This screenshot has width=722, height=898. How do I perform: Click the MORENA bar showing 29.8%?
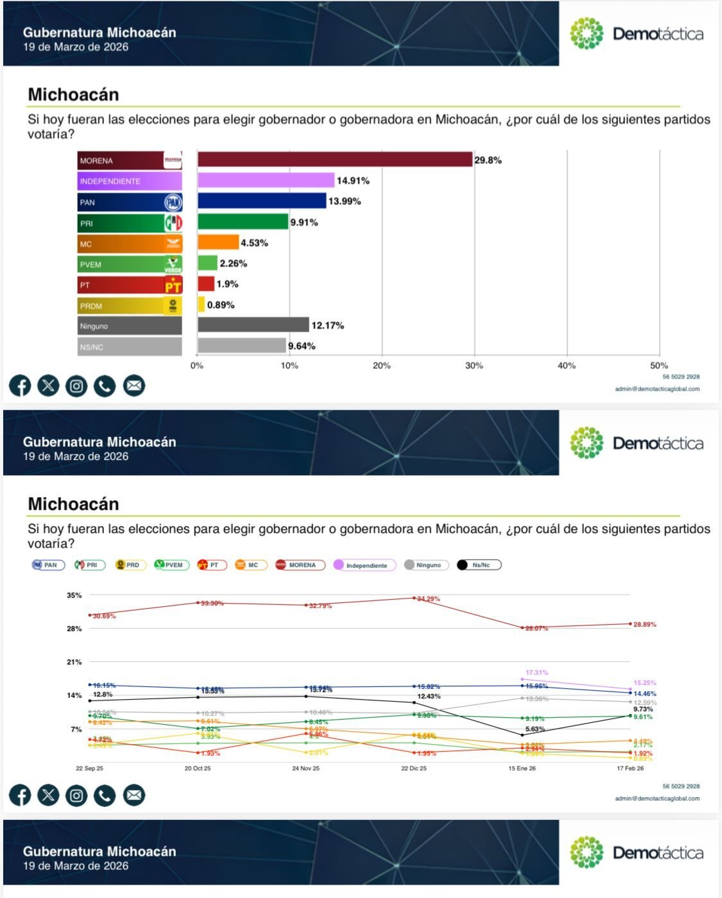point(334,160)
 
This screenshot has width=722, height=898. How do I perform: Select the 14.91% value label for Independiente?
point(353,181)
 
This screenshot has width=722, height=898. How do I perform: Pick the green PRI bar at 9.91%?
point(243,222)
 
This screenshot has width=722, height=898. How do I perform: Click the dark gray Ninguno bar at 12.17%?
point(253,325)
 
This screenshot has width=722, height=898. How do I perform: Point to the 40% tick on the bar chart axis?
point(567,366)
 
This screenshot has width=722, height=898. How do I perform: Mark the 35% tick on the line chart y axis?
point(74,595)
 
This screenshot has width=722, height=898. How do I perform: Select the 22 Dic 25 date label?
point(414,768)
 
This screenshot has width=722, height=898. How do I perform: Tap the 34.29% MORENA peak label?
point(429,599)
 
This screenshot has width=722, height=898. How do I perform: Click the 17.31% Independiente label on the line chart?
point(537,673)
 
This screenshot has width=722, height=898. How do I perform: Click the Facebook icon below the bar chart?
point(20,386)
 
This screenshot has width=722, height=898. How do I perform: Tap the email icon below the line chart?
point(133,795)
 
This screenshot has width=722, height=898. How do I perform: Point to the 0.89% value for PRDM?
point(221,305)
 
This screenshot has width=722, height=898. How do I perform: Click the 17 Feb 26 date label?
point(630,768)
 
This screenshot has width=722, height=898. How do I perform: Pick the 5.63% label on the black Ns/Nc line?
point(535,729)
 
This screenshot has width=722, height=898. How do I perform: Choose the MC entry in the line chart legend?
point(250,565)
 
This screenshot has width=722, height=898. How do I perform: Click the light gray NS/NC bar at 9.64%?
point(241,346)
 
